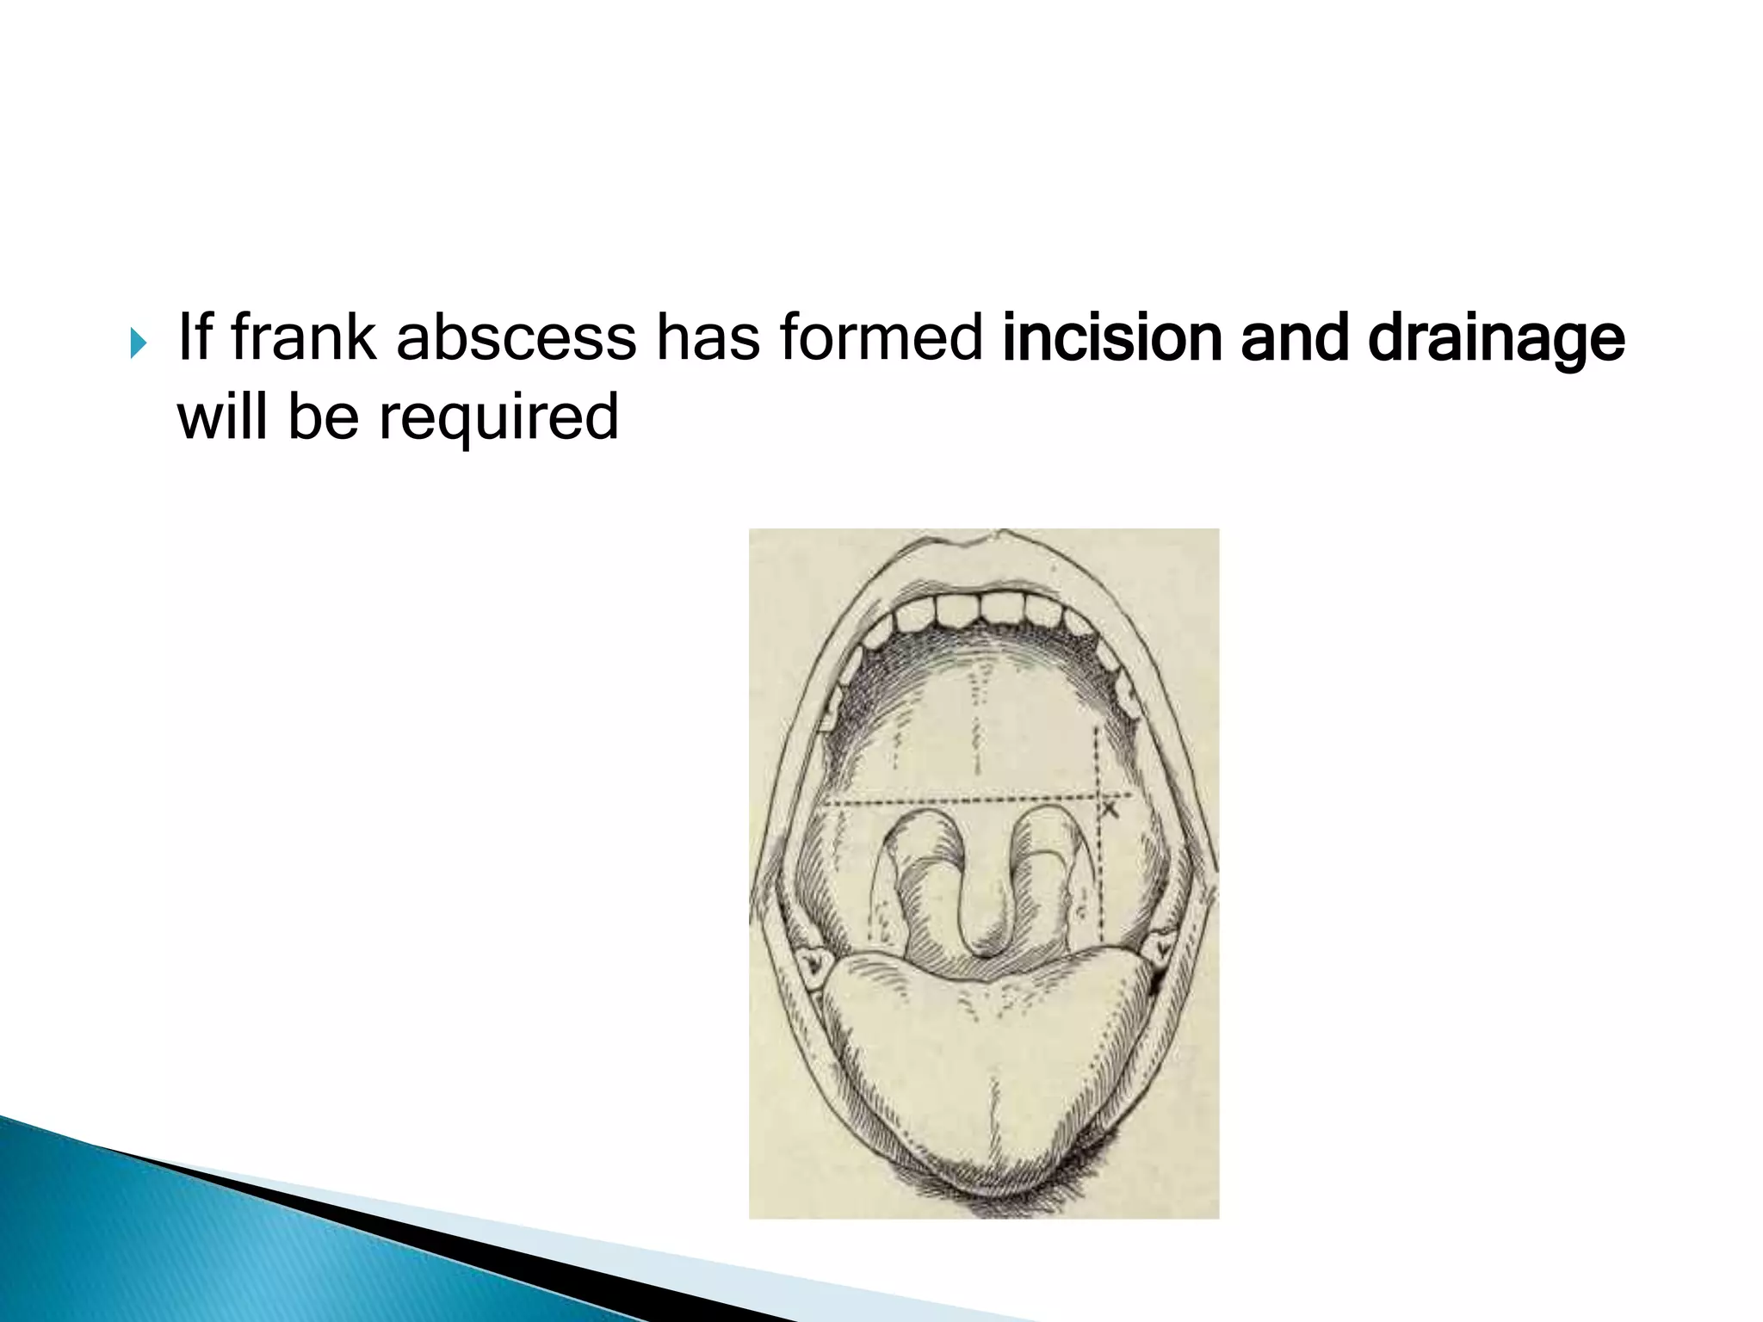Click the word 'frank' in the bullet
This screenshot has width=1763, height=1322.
point(303,337)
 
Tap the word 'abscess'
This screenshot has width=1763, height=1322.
point(515,337)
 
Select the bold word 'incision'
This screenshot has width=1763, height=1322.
point(1111,337)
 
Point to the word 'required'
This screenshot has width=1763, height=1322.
point(498,417)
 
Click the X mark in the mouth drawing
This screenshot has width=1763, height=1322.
point(1110,810)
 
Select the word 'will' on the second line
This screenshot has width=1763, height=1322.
point(222,417)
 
